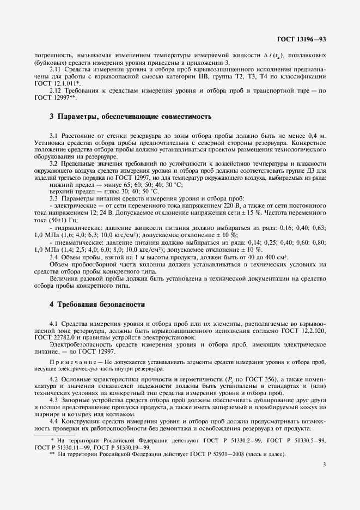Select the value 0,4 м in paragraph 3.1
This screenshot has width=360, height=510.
point(315,134)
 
